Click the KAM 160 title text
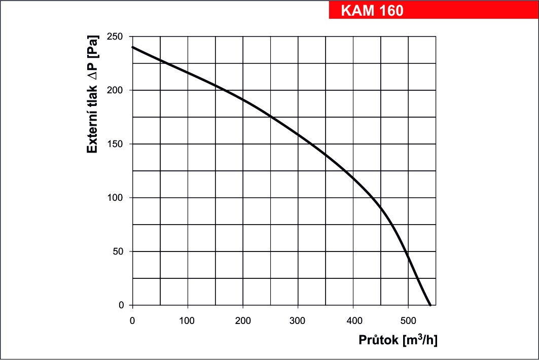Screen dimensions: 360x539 tap(373, 11)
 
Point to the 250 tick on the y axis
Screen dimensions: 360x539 tap(117, 37)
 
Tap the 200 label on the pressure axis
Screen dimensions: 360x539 tap(117, 90)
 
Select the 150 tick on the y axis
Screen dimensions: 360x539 tap(117, 144)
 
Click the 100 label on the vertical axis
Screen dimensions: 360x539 tap(117, 198)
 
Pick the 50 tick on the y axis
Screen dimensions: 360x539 tap(119, 251)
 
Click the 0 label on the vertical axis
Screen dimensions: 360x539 tap(122, 305)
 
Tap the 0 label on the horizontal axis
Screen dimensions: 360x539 tap(132, 320)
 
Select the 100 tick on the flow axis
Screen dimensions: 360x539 tap(188, 320)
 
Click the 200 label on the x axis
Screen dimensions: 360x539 tap(243, 320)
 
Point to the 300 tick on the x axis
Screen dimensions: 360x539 tap(298, 320)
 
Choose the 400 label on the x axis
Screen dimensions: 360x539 tap(353, 320)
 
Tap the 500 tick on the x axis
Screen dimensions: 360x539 tap(408, 320)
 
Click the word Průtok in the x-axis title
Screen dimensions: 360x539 tap(378, 340)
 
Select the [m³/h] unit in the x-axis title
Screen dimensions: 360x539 tap(419, 340)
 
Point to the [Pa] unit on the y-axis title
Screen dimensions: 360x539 tap(92, 47)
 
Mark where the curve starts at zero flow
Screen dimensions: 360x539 tap(133, 47)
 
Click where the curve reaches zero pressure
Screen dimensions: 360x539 tap(430, 305)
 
